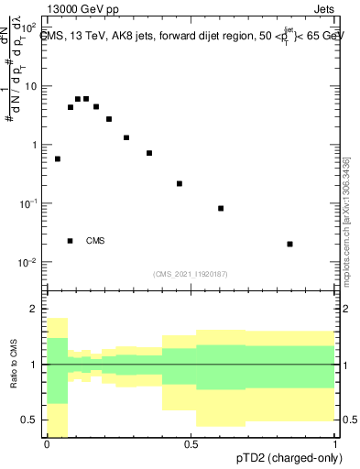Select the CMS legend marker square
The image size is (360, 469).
(x=71, y=241)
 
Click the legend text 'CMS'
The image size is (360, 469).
(x=95, y=241)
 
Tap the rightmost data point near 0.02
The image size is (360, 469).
(x=289, y=244)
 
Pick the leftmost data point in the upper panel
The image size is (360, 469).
(x=58, y=158)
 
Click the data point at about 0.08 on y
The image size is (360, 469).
(x=221, y=208)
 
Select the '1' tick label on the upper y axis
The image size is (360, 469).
(x=38, y=145)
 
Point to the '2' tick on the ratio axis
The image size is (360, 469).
(x=38, y=309)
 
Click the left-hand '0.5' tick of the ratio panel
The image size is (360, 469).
(x=33, y=420)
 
